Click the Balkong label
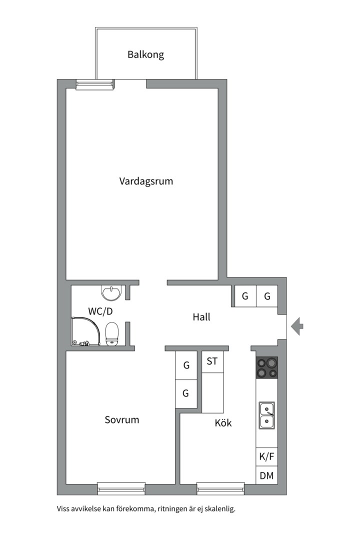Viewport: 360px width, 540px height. [x=145, y=54]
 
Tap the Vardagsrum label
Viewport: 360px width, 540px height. [x=146, y=181]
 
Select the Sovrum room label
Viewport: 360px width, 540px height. [x=122, y=419]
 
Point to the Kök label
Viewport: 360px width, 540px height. [x=223, y=423]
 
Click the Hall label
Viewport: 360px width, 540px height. [x=201, y=317]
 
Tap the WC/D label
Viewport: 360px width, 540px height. [x=100, y=310]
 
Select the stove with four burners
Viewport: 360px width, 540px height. [x=266, y=367]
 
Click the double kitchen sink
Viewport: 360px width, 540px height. [x=266, y=415]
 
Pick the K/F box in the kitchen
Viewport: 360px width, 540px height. [x=266, y=456]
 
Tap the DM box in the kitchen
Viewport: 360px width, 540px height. [x=266, y=475]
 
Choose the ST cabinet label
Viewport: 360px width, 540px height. [x=212, y=361]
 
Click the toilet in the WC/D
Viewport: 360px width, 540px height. [x=112, y=333]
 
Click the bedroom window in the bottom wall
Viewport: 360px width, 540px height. [x=121, y=487]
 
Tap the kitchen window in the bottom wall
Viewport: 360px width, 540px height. [x=220, y=487]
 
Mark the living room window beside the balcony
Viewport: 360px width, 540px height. [x=94, y=84]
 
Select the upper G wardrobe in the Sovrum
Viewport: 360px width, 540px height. [x=185, y=365]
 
